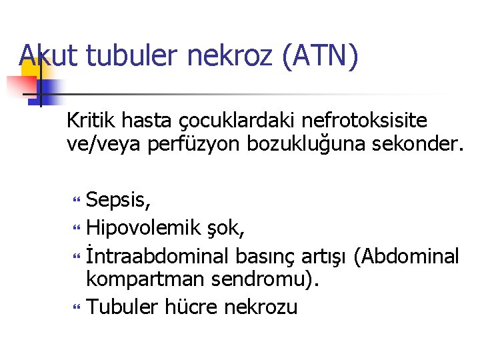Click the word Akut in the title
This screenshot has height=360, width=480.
point(49,55)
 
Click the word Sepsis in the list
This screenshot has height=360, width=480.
point(117,200)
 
